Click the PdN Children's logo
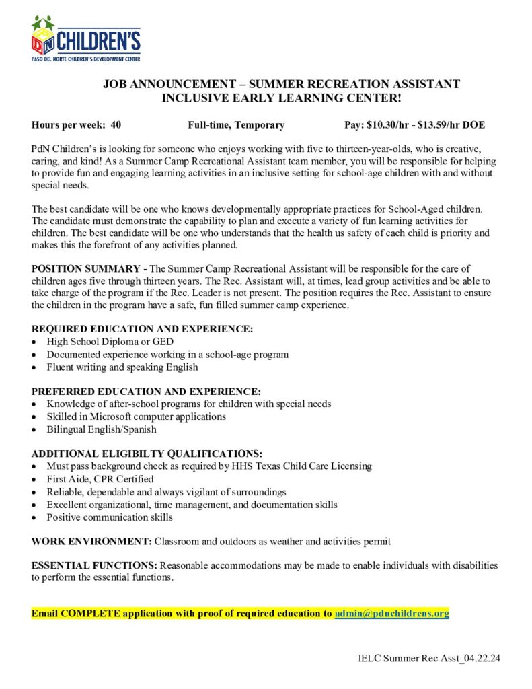(85, 40)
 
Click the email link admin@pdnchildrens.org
(391, 614)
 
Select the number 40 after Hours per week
(116, 124)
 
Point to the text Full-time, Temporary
(236, 124)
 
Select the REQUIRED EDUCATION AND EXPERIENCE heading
(142, 329)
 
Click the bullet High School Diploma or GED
(110, 342)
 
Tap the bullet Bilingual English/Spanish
(101, 429)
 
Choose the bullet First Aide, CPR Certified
(100, 479)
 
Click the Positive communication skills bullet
(109, 517)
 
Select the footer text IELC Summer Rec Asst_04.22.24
(428, 658)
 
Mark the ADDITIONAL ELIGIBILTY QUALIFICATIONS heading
(147, 454)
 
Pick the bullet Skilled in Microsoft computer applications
(136, 416)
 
